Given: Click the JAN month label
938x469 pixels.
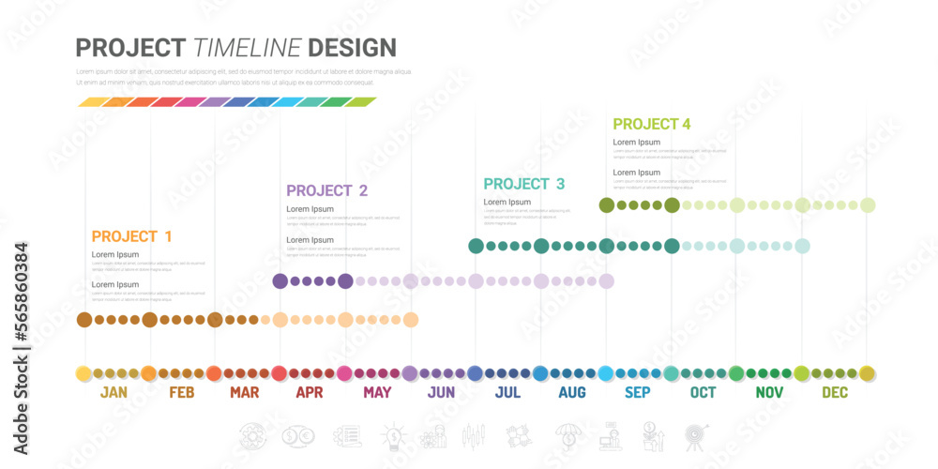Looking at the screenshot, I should click(x=113, y=393).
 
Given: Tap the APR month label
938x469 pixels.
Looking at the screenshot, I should click(x=310, y=393).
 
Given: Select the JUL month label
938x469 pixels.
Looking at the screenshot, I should click(x=507, y=393).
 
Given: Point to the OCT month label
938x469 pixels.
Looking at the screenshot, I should click(x=703, y=393).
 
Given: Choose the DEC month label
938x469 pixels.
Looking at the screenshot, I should click(x=835, y=393).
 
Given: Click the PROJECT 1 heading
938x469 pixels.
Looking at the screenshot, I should click(x=131, y=236).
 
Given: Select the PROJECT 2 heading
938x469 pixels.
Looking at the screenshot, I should click(x=326, y=190).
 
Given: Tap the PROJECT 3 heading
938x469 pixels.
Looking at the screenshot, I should click(x=524, y=184).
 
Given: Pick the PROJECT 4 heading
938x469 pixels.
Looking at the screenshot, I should click(x=652, y=124).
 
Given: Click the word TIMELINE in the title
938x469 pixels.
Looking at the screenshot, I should click(x=248, y=48).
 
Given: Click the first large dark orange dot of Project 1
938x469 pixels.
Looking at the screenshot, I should click(x=84, y=320).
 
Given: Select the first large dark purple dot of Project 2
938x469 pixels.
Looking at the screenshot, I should click(x=280, y=280).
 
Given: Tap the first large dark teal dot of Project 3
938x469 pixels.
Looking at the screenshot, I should click(x=476, y=246).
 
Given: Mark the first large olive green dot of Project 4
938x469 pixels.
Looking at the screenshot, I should click(x=607, y=205).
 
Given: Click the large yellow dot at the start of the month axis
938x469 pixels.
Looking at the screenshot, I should click(x=83, y=373).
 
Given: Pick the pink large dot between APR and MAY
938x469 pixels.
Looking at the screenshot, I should click(x=344, y=373).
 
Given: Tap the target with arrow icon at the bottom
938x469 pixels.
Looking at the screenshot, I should click(x=695, y=435).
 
